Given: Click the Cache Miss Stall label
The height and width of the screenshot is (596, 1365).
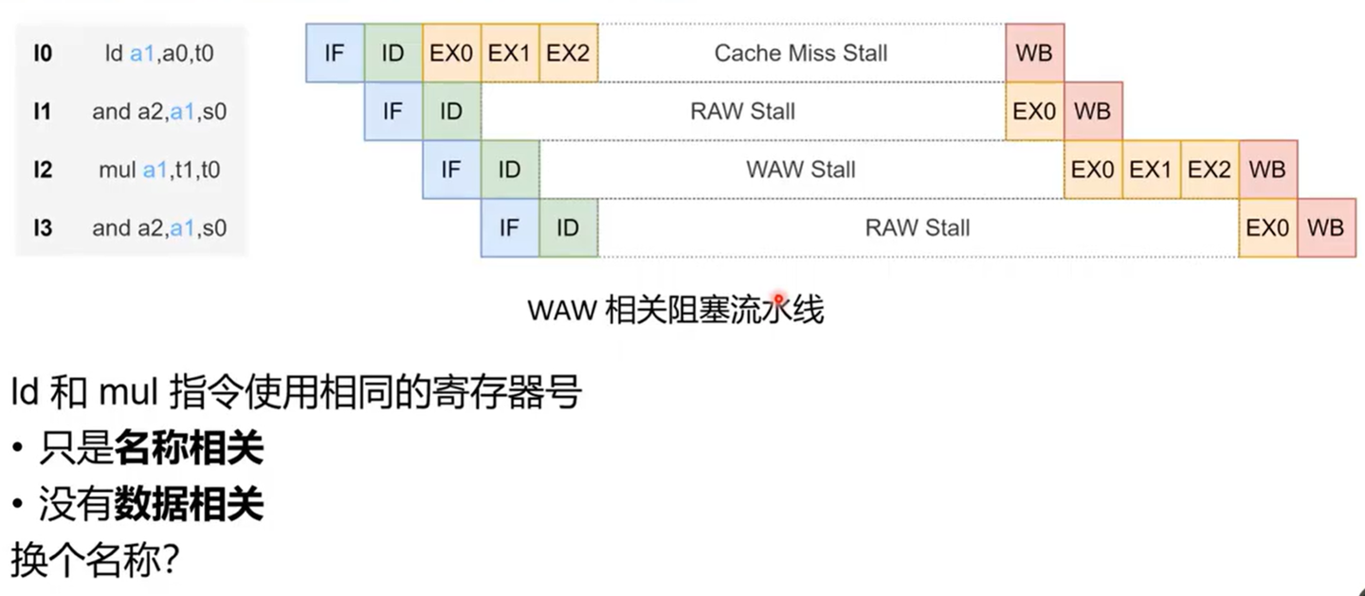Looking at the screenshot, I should (x=801, y=53).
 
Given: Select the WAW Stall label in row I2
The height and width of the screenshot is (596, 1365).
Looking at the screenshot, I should (x=801, y=170).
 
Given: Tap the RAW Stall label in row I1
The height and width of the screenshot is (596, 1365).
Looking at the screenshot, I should (x=742, y=112).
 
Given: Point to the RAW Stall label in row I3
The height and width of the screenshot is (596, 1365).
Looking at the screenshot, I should (x=918, y=227).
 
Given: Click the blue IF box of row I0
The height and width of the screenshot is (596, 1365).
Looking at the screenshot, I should (x=334, y=53).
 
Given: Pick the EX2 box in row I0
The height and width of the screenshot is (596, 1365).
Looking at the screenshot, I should (x=568, y=53).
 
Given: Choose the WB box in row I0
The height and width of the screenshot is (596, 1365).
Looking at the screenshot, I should (x=1034, y=53).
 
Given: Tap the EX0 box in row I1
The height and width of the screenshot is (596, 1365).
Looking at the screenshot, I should (x=1034, y=112).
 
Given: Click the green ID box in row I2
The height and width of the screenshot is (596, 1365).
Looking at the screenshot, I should (x=509, y=170).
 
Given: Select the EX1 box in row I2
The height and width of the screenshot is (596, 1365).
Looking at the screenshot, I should (x=1151, y=170).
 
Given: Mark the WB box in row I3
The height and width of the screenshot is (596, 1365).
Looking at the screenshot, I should (x=1325, y=227).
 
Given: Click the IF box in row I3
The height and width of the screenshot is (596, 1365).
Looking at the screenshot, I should (x=509, y=227).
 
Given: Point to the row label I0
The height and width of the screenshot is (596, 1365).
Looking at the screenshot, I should (x=43, y=53).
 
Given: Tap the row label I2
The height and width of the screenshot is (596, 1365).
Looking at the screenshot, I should (x=43, y=170).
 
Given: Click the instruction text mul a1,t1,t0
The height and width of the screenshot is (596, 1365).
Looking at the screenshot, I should (x=159, y=170).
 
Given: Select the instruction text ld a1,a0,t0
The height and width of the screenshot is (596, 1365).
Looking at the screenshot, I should (x=159, y=54).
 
